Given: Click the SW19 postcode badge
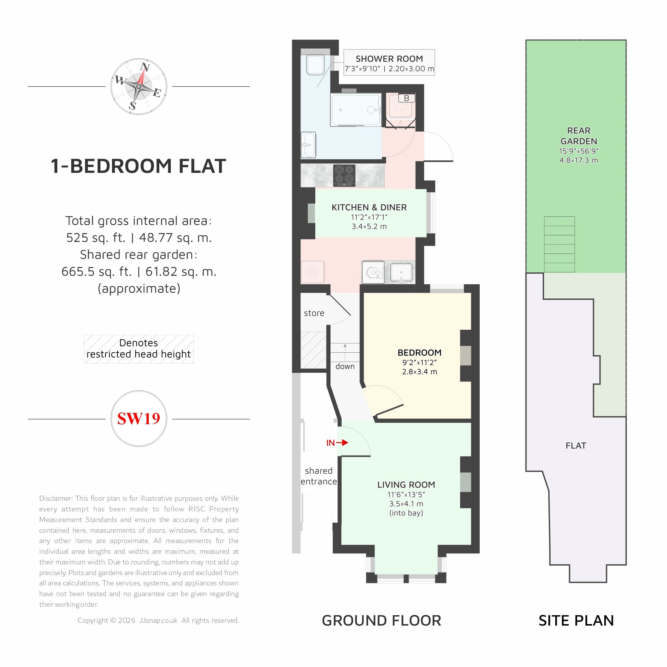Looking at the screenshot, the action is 139,419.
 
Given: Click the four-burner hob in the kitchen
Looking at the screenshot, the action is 344,175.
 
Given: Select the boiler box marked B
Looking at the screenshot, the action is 406,98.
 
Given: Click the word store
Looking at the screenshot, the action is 314,313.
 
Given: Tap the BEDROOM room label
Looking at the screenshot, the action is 419,353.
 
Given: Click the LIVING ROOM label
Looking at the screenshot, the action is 406,485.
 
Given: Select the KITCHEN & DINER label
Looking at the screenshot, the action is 369,207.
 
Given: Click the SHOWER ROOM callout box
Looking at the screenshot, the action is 389,62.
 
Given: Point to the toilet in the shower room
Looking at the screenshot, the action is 315,65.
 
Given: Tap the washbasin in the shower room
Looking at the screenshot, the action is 308,145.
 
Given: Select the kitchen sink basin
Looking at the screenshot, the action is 401,272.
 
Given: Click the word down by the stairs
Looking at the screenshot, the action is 345,366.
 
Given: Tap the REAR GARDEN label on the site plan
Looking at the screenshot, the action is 579,136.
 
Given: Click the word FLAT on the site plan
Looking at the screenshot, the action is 576,446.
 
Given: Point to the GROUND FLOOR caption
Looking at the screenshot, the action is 382,620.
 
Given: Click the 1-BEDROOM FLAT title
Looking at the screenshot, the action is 138,166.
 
